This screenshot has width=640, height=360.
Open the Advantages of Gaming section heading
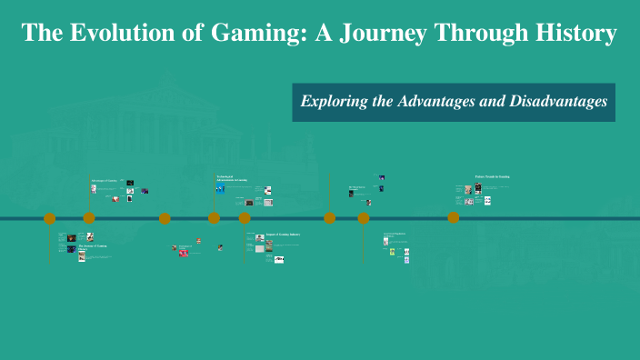point(104,181)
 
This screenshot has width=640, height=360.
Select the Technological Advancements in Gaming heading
point(233,179)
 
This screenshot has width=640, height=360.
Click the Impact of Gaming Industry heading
point(283,235)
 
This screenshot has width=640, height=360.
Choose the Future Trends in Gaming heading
point(492,176)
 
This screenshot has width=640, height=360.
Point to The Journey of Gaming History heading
point(93,247)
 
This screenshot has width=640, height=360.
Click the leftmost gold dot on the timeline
point(50,218)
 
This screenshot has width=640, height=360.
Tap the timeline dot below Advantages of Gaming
point(89,218)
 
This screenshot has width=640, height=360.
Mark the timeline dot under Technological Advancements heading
point(214,218)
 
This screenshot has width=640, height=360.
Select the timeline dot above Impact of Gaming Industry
point(245,218)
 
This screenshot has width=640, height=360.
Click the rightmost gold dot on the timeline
point(453,218)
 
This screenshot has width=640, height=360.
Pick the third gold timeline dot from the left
point(165,218)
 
